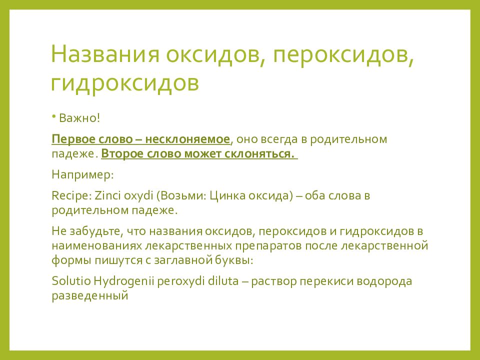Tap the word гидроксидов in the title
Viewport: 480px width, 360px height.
tap(124, 83)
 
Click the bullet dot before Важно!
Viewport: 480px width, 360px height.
tap(53, 116)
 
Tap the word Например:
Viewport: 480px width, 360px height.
tap(82, 175)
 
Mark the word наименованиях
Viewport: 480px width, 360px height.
tap(96, 246)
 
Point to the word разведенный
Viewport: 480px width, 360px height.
tap(90, 296)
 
